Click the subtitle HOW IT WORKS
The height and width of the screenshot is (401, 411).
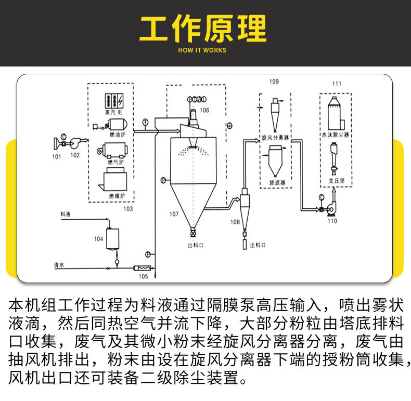tap(202, 50)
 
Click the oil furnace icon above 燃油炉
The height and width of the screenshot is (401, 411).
tap(115, 125)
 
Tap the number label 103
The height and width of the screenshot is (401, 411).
tap(128, 208)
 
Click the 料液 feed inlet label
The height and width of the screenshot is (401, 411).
tap(65, 213)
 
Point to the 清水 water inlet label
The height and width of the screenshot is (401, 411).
tap(59, 265)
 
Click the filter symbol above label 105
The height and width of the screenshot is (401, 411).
tap(142, 268)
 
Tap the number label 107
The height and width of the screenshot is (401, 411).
tap(174, 213)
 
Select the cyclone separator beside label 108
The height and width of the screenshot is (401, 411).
tap(245, 208)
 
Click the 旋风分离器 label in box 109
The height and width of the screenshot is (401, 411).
tap(275, 139)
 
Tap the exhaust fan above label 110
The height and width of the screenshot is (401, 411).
tap(330, 208)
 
